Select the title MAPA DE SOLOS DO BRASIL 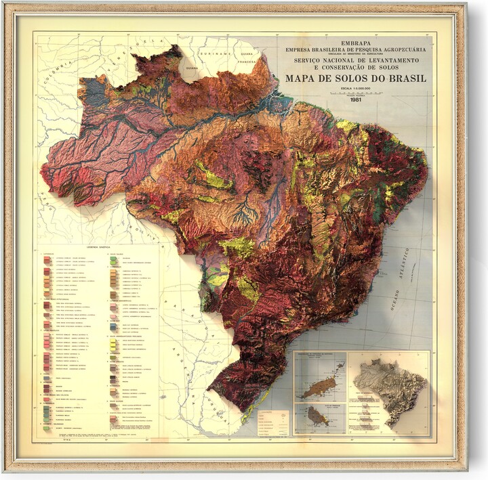point(356,79)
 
